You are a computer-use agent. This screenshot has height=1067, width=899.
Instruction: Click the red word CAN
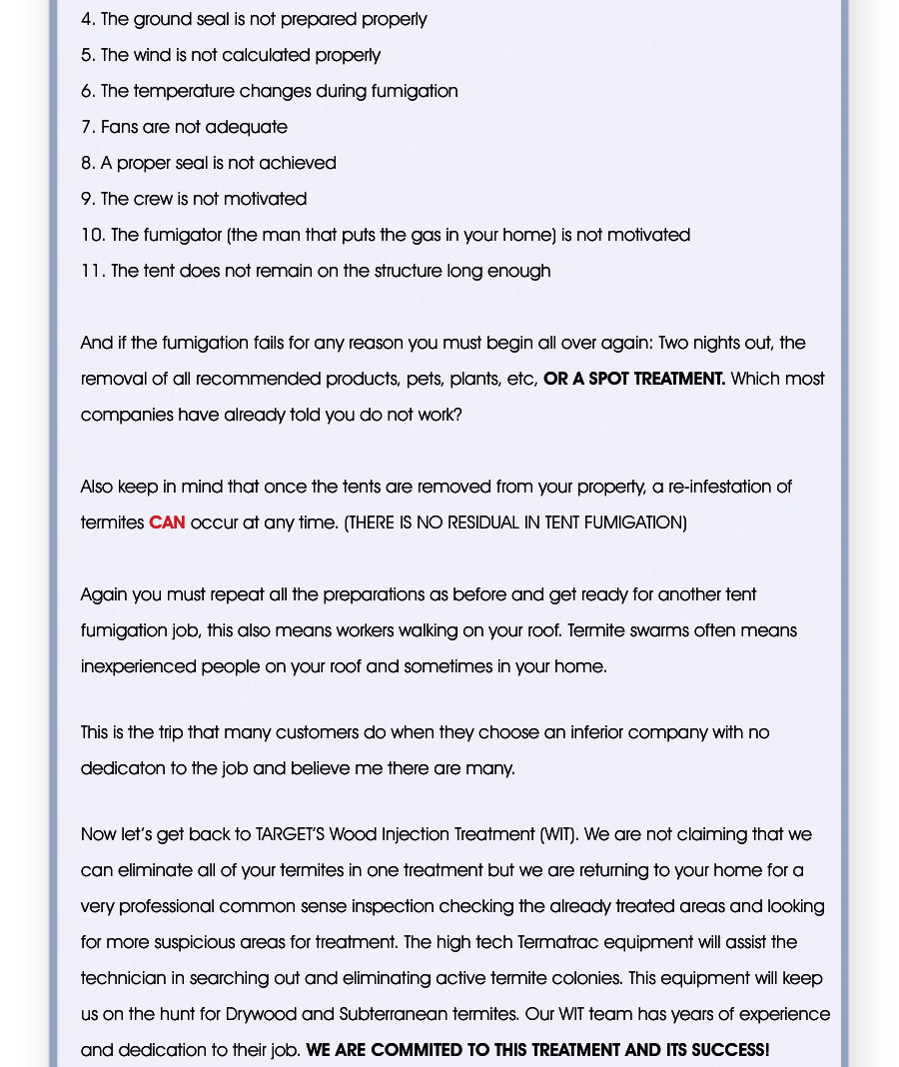tap(167, 523)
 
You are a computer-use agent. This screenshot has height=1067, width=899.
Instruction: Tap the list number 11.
tap(92, 271)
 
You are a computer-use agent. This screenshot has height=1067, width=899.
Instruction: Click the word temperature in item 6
tap(183, 91)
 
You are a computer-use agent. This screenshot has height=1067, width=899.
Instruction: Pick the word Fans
tap(120, 127)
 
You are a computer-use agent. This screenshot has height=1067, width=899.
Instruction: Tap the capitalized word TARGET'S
tap(290, 834)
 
